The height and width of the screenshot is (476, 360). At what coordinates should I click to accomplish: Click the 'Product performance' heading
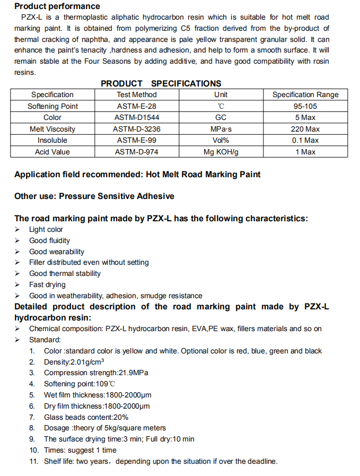click(57, 6)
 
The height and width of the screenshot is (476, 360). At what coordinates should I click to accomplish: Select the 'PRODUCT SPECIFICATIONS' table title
click(161, 83)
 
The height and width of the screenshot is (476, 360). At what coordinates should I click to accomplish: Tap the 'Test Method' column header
click(137, 94)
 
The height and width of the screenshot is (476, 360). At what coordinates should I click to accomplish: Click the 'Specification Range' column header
click(305, 94)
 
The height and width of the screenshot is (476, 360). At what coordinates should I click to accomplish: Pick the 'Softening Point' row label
click(52, 106)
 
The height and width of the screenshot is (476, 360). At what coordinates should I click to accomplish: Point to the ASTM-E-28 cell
click(137, 106)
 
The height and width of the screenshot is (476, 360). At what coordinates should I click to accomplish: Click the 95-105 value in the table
click(305, 106)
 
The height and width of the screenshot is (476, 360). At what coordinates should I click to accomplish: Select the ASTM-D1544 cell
click(137, 117)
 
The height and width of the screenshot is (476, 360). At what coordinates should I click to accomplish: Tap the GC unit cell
click(221, 117)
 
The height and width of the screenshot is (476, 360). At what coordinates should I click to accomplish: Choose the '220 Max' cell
click(305, 129)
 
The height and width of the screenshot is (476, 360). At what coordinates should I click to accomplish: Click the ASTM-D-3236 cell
click(137, 129)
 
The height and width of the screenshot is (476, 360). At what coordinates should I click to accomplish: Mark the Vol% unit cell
click(221, 140)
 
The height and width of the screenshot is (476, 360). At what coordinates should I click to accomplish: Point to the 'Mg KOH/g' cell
click(221, 152)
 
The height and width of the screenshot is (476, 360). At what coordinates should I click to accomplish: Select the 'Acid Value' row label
click(52, 152)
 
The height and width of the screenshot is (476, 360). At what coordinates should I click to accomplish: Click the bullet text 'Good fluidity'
click(49, 240)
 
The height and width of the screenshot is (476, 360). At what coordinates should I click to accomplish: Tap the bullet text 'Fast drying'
click(47, 284)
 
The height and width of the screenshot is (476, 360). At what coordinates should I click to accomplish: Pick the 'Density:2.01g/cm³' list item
click(74, 362)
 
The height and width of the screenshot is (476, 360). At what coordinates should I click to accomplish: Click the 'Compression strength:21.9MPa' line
click(96, 373)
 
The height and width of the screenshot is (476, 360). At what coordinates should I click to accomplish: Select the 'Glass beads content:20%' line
click(86, 417)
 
